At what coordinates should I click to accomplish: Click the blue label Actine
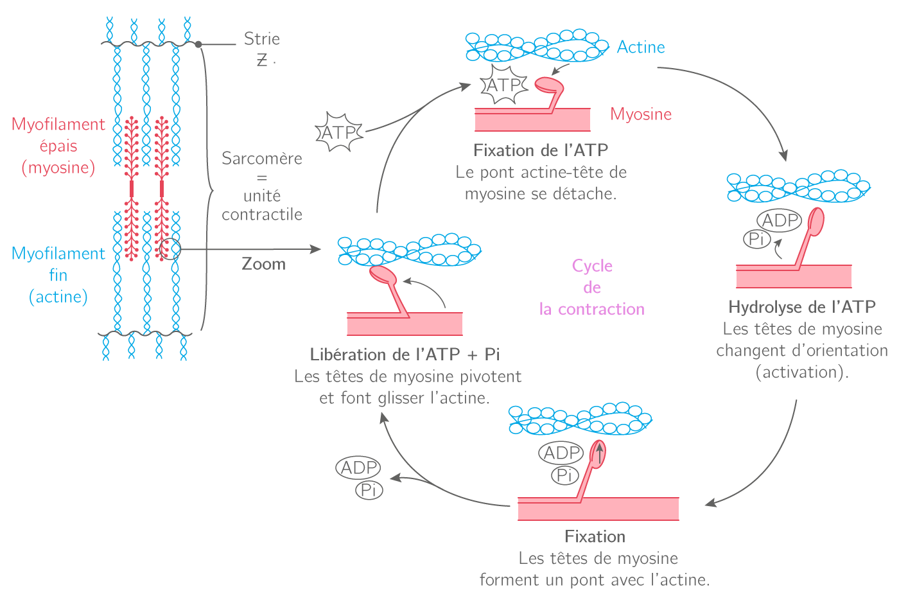640,48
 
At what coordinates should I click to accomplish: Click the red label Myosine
641,114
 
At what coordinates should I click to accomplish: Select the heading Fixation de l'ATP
541,150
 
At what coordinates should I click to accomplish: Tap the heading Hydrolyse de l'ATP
802,307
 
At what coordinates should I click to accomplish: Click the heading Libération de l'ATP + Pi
405,355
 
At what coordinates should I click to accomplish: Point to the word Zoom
263,264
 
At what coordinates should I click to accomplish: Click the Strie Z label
261,48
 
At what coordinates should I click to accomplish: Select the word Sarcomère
261,159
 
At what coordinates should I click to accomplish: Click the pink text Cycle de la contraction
591,288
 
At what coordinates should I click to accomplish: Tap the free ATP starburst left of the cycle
339,132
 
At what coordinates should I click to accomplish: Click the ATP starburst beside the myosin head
504,85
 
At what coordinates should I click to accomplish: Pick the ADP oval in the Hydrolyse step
780,220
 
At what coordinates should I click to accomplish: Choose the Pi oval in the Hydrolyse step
756,240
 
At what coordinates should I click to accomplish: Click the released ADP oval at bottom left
358,468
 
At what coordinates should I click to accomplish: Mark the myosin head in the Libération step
383,275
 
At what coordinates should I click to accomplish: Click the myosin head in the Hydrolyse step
816,220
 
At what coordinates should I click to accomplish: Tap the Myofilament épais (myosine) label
58,146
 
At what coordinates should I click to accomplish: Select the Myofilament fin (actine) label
58,275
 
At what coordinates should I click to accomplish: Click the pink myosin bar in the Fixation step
598,509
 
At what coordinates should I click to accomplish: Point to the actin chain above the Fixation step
580,419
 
